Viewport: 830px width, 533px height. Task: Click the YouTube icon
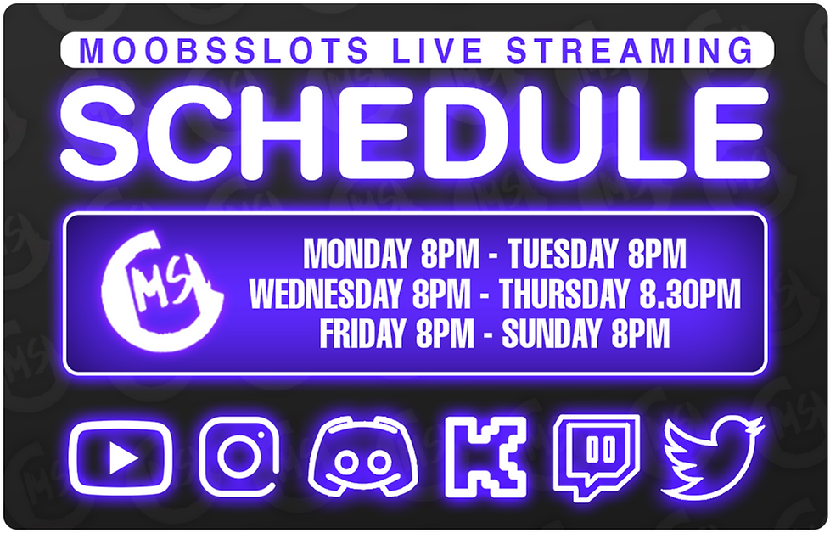click(x=121, y=458)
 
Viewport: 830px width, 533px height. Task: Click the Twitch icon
click(x=597, y=457)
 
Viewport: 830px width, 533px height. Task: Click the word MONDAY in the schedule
click(x=356, y=254)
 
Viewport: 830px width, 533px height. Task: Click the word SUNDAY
click(x=550, y=334)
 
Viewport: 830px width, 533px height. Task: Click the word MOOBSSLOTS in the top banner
click(x=224, y=51)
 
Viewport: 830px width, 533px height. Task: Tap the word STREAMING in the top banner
click(x=629, y=51)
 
